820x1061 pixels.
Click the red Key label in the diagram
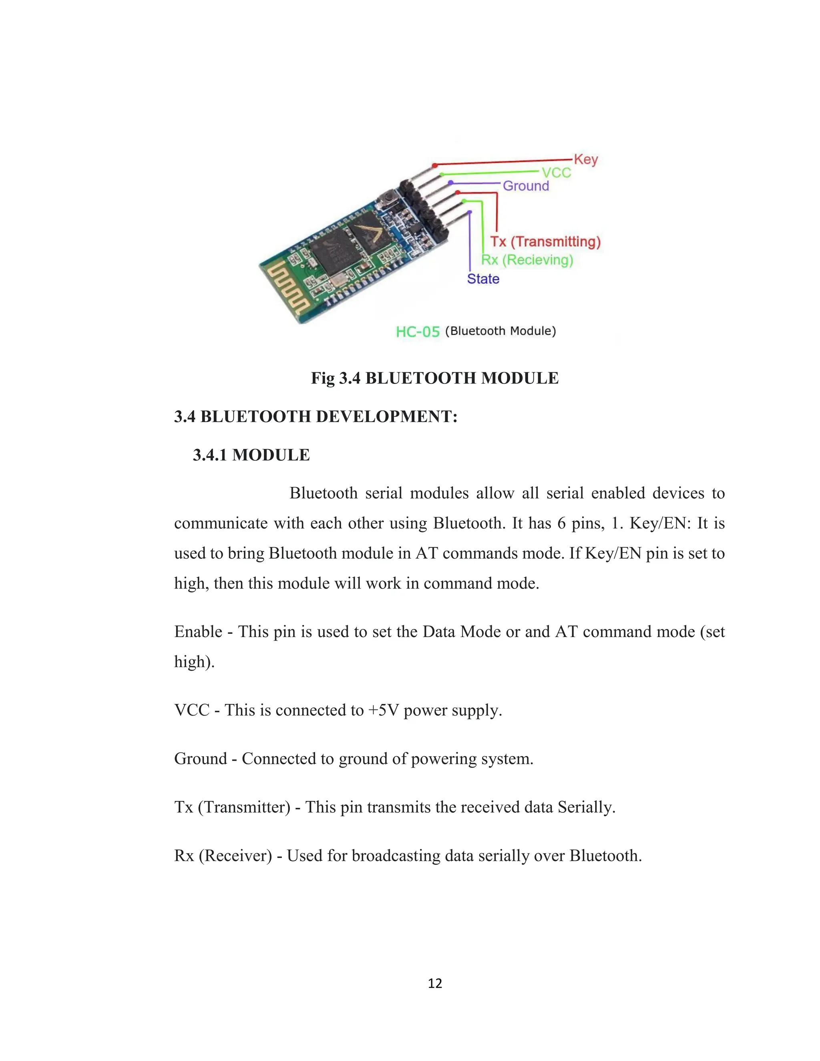[585, 159]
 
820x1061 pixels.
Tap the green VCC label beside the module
[556, 173]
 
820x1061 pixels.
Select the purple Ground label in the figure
[526, 186]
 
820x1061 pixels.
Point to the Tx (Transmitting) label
[545, 241]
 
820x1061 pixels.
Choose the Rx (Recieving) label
[527, 260]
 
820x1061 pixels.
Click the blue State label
[483, 279]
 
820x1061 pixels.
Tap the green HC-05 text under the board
[417, 332]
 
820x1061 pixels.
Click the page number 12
[435, 983]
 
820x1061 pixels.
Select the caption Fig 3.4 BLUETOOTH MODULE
[435, 378]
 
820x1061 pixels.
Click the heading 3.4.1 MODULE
[251, 455]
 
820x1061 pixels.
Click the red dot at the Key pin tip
[435, 166]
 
